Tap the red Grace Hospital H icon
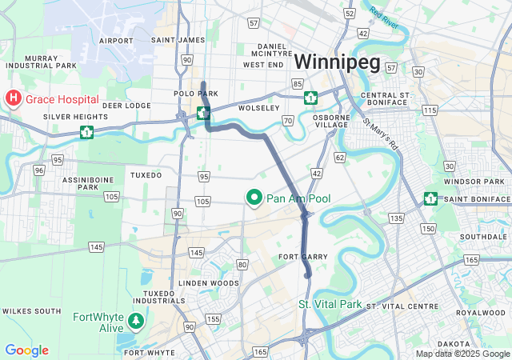(14, 98)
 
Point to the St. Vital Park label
(330, 305)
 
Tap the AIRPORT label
(116, 40)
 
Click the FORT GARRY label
(299, 257)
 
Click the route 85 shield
(297, 84)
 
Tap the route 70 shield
(287, 121)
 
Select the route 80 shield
(242, 264)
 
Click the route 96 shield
(38, 170)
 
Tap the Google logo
(26, 350)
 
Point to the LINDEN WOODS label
(208, 283)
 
